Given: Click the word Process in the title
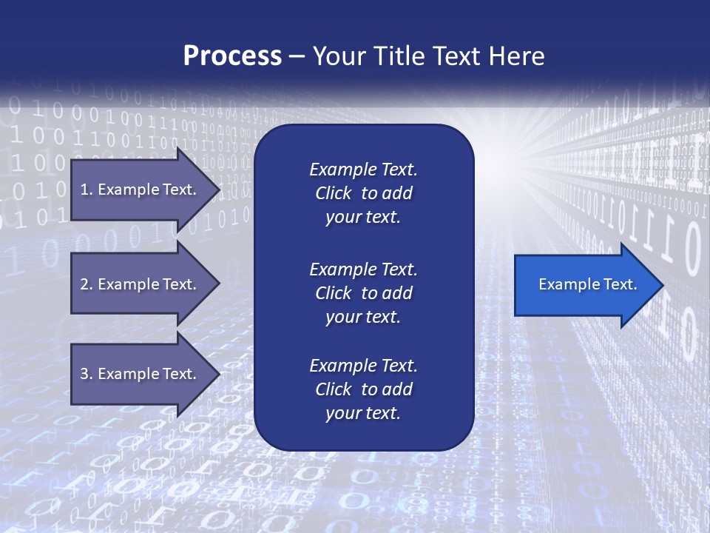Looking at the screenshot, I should [232, 56].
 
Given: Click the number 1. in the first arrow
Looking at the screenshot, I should [86, 190].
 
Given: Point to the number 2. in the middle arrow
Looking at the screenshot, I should [87, 284].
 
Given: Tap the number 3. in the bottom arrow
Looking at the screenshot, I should [87, 374].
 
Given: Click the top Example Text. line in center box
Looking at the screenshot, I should [363, 170].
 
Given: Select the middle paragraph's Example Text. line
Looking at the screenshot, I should [363, 269].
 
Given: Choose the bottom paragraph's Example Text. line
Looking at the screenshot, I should [363, 366].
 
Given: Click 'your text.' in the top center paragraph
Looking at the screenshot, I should [363, 218].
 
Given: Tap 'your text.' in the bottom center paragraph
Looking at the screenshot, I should [363, 413].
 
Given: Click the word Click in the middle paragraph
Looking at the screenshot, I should [334, 293].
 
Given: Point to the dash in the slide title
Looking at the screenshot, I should [297, 57].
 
